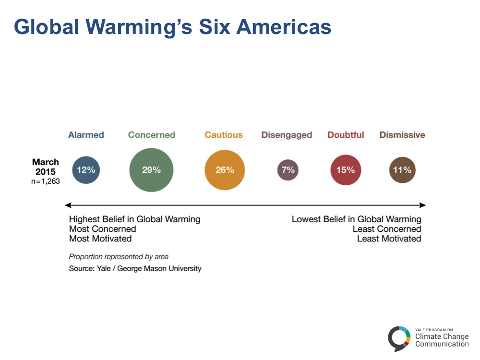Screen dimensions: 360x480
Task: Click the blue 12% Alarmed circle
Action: click(86, 170)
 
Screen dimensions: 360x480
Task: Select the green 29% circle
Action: click(151, 170)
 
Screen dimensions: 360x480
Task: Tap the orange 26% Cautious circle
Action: click(225, 170)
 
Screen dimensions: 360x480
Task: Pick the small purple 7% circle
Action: click(288, 170)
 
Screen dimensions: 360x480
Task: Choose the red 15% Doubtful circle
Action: click(346, 170)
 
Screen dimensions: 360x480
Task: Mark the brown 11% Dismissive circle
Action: click(402, 170)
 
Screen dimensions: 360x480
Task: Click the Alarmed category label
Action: click(86, 135)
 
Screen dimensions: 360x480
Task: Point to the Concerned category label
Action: click(152, 135)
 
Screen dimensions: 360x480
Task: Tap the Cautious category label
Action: click(224, 135)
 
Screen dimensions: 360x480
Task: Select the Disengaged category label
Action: click(287, 135)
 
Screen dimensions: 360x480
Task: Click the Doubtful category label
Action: click(346, 135)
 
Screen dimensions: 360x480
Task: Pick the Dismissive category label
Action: click(402, 135)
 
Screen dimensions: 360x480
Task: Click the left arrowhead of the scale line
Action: click(68, 205)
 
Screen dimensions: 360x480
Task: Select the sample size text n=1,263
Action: click(46, 181)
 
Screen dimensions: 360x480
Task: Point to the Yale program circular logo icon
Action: click(399, 338)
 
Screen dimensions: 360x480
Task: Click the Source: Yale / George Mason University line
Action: click(135, 268)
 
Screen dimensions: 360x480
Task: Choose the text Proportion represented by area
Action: click(119, 257)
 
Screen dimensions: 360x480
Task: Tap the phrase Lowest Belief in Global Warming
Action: click(356, 219)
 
